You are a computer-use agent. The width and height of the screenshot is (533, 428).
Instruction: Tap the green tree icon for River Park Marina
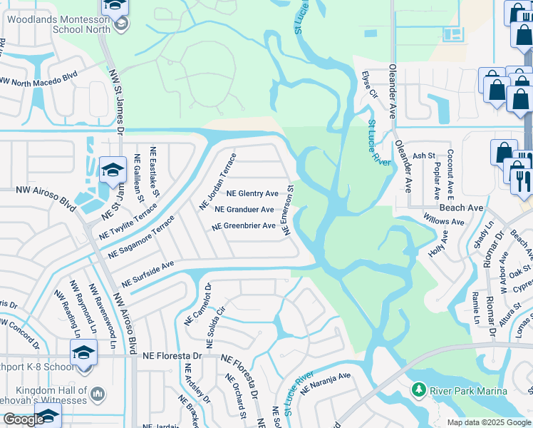(x=419, y=390)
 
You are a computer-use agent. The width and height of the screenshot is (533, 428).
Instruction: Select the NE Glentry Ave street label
(x=252, y=193)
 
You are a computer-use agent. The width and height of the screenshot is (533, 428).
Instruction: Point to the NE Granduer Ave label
(x=244, y=210)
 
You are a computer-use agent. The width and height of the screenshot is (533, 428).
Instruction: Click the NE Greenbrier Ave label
(x=242, y=226)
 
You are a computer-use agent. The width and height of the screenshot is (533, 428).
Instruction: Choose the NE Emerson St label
(x=286, y=210)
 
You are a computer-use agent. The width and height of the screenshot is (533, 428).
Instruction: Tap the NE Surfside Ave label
(x=148, y=273)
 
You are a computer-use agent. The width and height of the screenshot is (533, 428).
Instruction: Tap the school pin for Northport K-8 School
(x=83, y=353)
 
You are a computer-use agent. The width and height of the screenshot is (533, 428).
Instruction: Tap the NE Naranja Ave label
(x=326, y=384)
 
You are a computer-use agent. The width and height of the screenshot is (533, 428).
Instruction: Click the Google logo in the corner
(x=24, y=419)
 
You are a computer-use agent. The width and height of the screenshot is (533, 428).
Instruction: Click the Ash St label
(x=423, y=156)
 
